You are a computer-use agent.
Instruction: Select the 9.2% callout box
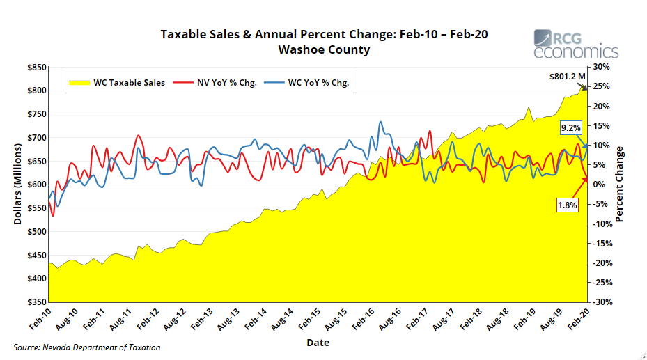click(570, 128)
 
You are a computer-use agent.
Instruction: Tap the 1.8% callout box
click(568, 205)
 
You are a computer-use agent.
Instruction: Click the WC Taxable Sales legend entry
click(116, 82)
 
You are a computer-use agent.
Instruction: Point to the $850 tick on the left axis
click(37, 68)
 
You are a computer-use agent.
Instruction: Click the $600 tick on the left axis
click(37, 185)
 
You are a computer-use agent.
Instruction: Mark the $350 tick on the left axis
click(37, 302)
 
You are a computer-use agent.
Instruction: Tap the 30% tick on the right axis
click(600, 68)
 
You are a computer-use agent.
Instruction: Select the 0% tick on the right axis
click(599, 185)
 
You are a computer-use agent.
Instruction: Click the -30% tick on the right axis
click(600, 302)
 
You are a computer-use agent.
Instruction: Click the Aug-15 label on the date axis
click(336, 320)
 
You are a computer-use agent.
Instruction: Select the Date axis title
click(318, 343)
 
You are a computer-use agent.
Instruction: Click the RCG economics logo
click(575, 44)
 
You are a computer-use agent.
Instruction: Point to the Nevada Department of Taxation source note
click(87, 347)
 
